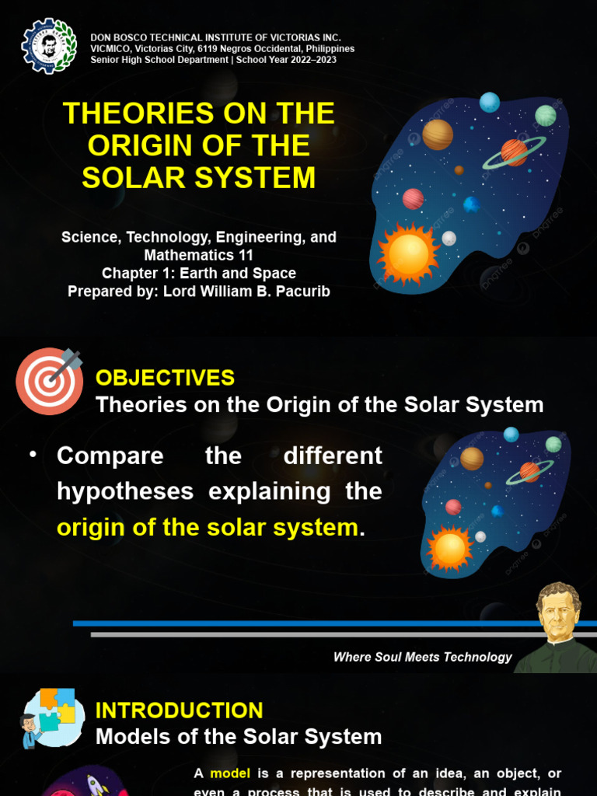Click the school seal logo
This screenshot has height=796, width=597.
(x=49, y=45)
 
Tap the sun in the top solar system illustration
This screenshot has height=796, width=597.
(x=408, y=253)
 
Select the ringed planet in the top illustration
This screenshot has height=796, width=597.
(x=514, y=152)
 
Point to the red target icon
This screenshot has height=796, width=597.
(x=49, y=380)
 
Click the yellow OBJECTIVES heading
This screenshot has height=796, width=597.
(x=165, y=379)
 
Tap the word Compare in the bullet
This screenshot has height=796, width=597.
(x=110, y=456)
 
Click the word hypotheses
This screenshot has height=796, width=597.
(x=125, y=491)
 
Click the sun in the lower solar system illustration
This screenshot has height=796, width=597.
(x=450, y=549)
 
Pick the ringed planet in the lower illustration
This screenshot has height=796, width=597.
(x=529, y=471)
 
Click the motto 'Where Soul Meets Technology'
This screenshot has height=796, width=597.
(x=422, y=658)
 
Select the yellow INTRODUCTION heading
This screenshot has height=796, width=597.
(x=179, y=710)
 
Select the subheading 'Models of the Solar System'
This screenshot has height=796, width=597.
(x=239, y=737)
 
